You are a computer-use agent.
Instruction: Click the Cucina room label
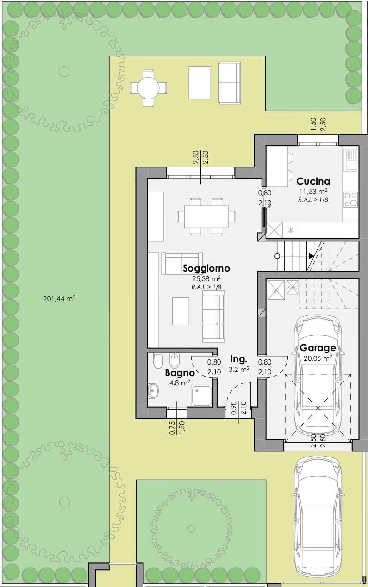[313, 181]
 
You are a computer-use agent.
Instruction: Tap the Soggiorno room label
[206, 268]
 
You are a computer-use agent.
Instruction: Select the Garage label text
[318, 348]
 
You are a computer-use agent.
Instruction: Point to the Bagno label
[180, 373]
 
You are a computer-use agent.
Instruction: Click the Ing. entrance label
[238, 359]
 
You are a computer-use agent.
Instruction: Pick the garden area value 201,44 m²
[59, 298]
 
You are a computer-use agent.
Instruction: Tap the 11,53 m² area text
[313, 191]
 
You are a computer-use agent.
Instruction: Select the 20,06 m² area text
[318, 358]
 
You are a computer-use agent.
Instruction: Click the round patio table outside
[148, 88]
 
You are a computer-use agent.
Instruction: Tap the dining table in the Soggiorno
[206, 216]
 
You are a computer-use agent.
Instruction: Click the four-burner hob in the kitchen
[351, 199]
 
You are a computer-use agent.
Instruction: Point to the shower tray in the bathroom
[201, 395]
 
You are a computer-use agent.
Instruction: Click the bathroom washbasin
[153, 391]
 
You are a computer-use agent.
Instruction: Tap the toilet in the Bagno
[158, 362]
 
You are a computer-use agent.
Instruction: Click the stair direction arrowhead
[312, 256]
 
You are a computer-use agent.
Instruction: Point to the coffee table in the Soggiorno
[181, 311]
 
